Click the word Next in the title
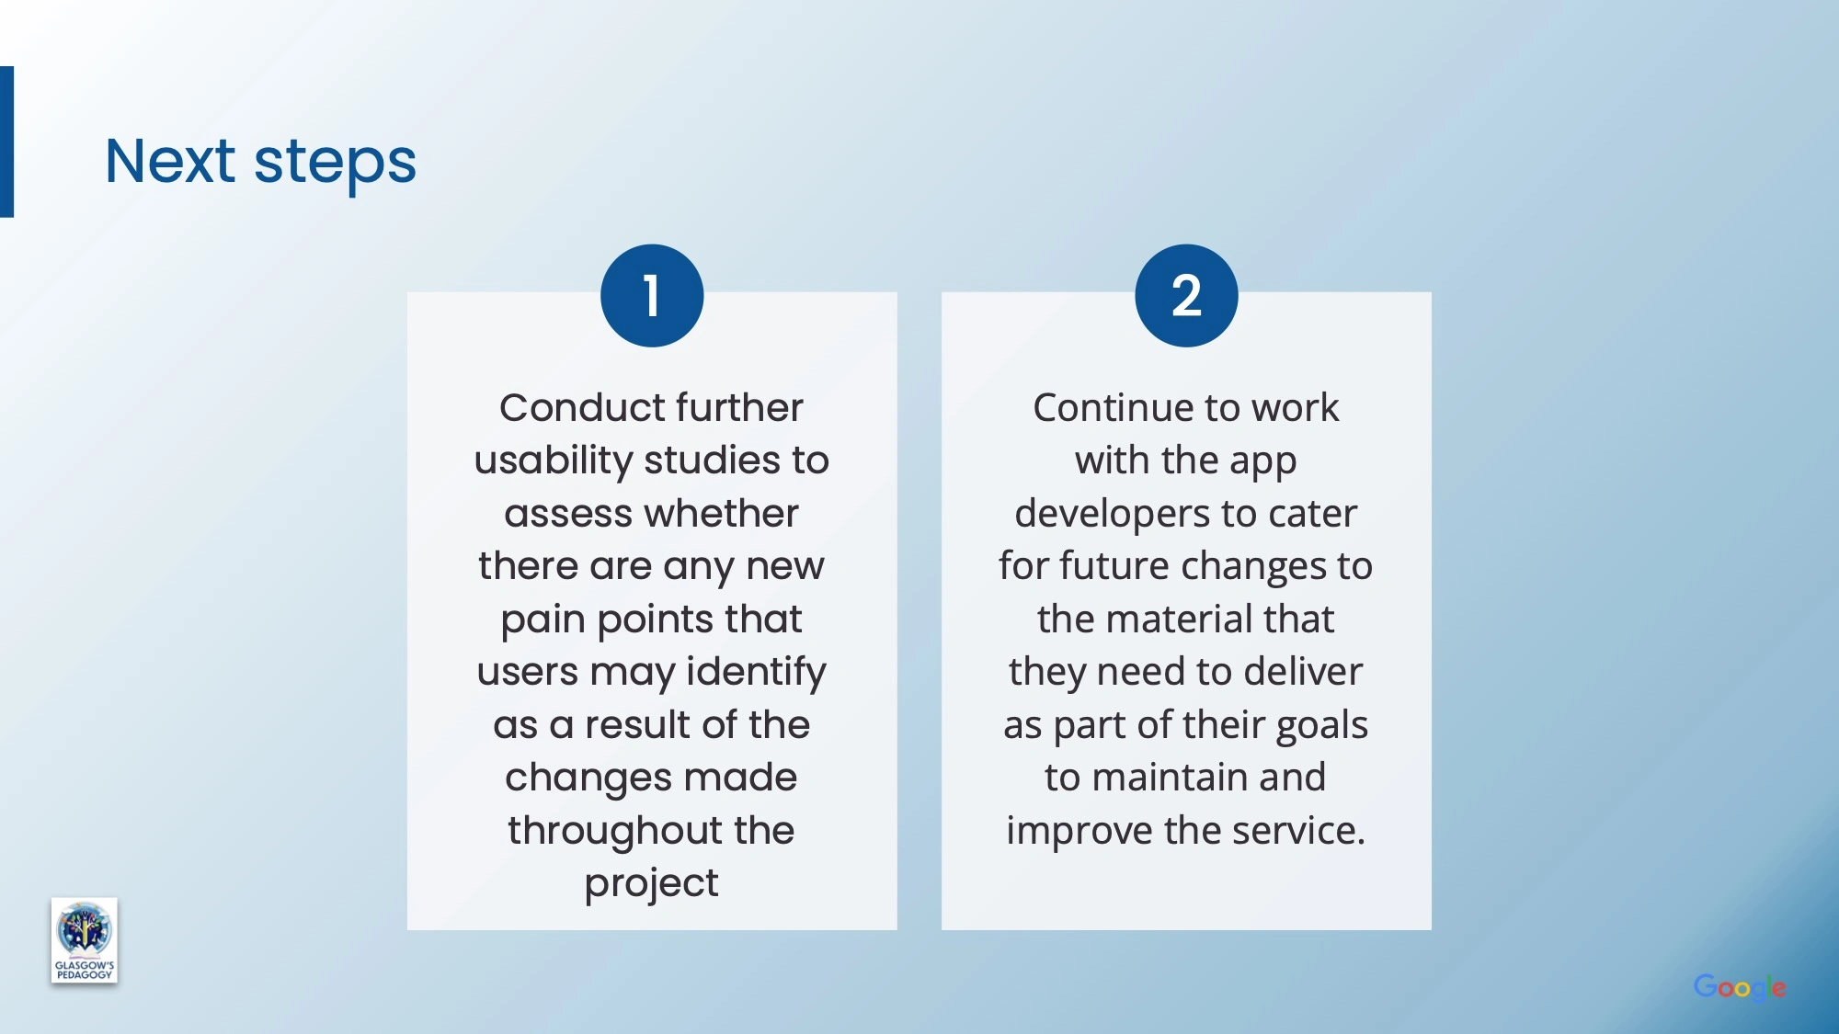170,161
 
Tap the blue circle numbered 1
652,295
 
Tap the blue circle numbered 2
1186,295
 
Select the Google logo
1740,988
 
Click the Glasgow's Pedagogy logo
85,940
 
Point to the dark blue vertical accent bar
6,142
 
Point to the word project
652,884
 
